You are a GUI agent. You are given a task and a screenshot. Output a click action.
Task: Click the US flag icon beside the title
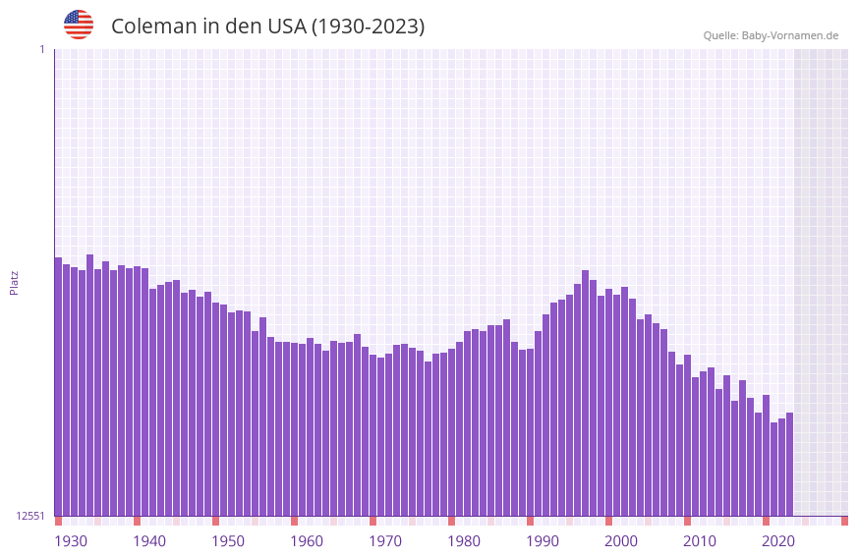coord(79,25)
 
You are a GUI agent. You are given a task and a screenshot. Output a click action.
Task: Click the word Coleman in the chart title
coord(154,27)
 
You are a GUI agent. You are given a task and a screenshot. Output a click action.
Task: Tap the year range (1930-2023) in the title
coord(368,27)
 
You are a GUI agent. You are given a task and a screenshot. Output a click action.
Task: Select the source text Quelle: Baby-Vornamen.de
coord(771,35)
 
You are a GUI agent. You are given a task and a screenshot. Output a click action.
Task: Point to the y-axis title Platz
coord(14,282)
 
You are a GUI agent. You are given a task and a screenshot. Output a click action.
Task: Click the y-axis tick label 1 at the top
coord(41,49)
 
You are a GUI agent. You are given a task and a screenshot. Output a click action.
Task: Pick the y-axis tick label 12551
coord(31,516)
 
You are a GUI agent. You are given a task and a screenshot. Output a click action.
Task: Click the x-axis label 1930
coord(71,541)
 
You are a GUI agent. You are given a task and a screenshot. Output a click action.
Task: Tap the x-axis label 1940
coord(149,541)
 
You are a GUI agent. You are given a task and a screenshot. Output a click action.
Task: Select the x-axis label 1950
coord(228,541)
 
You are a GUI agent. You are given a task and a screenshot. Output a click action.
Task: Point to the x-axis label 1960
coord(307,541)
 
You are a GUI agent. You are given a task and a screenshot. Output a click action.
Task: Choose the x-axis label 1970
coord(385,541)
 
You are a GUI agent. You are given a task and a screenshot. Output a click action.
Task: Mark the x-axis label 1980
coord(464,541)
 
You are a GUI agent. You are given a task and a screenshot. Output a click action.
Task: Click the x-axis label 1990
coord(543,541)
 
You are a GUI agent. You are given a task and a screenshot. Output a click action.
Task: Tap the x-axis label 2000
coord(621,541)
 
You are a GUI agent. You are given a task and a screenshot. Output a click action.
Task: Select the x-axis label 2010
coord(700,541)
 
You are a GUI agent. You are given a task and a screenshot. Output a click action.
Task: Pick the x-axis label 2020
coord(778,541)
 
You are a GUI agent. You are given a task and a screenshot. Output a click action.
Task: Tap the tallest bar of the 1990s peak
coord(585,393)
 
